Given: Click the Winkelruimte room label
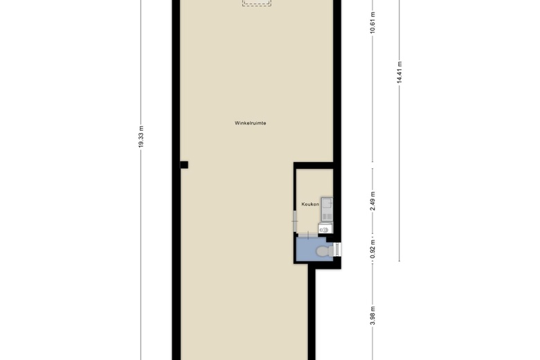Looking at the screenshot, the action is click(251, 123).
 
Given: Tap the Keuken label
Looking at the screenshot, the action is click(310, 204).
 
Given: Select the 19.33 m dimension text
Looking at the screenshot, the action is click(141, 137).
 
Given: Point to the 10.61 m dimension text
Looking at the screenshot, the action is click(372, 22).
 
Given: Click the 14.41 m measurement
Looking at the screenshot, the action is click(399, 72).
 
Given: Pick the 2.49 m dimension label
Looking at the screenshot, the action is click(372, 201).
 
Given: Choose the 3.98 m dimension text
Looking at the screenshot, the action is click(372, 316).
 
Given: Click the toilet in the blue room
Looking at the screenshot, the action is click(325, 251).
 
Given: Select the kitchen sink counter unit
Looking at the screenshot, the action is click(327, 209).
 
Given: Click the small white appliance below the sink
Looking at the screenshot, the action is click(325, 228).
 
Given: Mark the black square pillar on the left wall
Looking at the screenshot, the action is click(184, 165).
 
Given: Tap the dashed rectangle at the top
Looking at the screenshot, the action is click(257, 3).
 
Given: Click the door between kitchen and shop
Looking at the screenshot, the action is click(295, 221).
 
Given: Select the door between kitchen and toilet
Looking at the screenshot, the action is click(307, 235).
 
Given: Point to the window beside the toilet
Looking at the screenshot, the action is click(338, 250).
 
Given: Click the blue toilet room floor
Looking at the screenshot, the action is click(307, 249).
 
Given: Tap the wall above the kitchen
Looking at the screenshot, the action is click(314, 165).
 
